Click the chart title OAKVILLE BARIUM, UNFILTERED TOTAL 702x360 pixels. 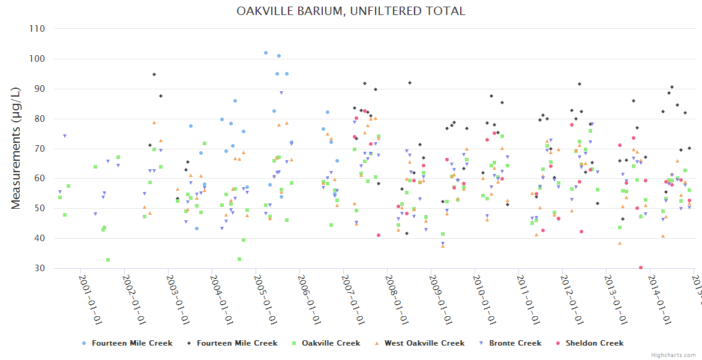pos(350,11)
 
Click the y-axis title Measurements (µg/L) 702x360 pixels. pos(16,148)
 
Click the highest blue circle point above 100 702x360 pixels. pos(266,53)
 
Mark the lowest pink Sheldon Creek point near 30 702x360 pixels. pos(641,268)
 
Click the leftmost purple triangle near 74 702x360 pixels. pos(65,136)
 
